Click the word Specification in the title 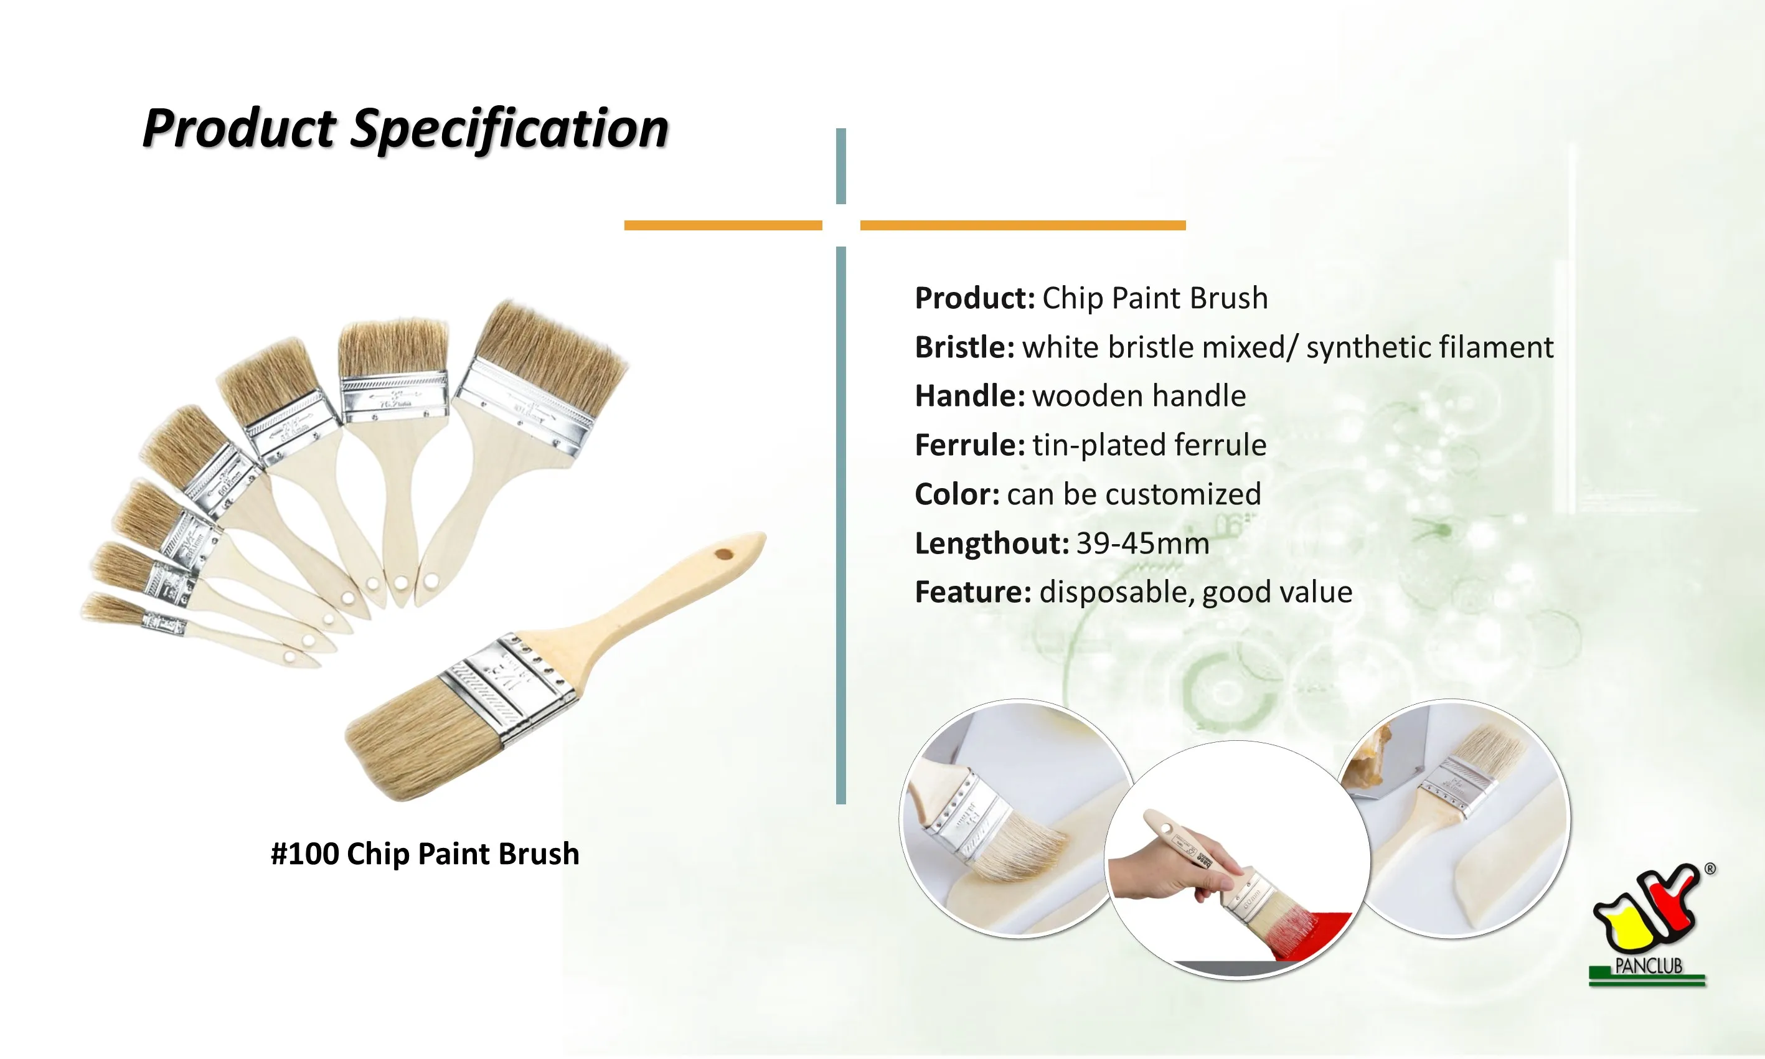[x=509, y=128]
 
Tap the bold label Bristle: [x=964, y=347]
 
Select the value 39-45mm [x=1142, y=544]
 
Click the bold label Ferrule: [x=969, y=445]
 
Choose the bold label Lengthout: [x=991, y=544]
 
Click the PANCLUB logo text [x=1648, y=966]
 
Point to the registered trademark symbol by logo [x=1710, y=869]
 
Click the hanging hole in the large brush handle [x=724, y=553]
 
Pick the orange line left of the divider [x=723, y=225]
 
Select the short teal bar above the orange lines [x=840, y=166]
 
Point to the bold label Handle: [x=969, y=396]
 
